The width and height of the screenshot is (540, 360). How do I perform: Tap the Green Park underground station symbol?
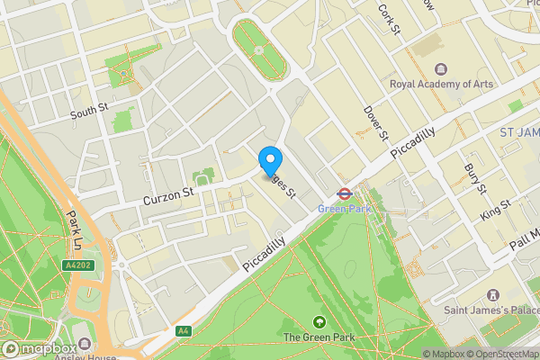(343, 192)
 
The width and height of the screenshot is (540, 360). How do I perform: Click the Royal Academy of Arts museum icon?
(441, 68)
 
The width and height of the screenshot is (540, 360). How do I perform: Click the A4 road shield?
(184, 330)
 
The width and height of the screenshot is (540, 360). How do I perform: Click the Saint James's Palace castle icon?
(492, 295)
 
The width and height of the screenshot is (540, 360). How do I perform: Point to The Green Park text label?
(319, 337)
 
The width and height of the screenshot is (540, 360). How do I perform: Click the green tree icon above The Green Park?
(319, 322)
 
